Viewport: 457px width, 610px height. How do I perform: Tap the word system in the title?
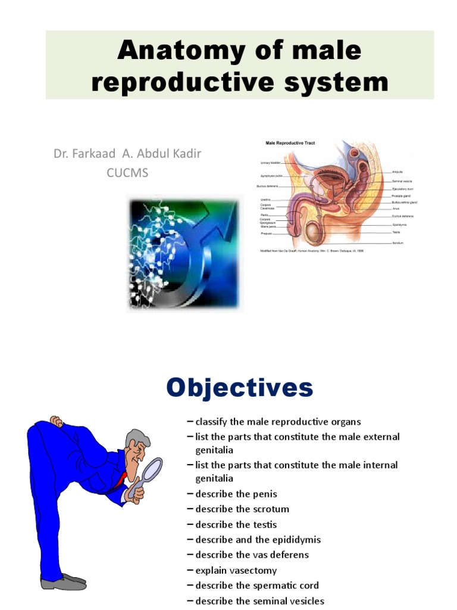pos(340,82)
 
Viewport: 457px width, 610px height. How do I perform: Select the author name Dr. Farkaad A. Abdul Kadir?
pos(127,154)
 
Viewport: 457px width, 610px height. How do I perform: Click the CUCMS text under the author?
pos(127,173)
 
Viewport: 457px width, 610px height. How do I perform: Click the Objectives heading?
pos(239,388)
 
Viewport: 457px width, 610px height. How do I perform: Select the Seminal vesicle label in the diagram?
pos(402,180)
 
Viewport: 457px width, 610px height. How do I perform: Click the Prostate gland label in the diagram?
pos(402,196)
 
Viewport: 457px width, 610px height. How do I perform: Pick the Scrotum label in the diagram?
pos(398,243)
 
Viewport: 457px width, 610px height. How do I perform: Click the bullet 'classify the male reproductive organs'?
pos(278,422)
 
